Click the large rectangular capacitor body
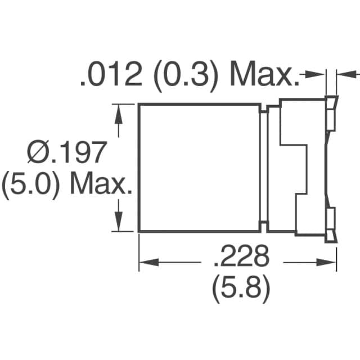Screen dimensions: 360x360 (199, 168)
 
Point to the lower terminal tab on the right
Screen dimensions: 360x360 (331, 222)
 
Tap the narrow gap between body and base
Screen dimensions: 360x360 (263, 168)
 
